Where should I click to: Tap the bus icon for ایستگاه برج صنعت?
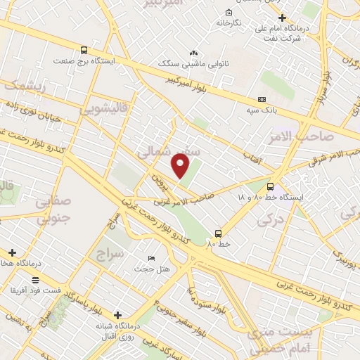(84, 50)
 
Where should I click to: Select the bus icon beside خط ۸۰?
(218, 233)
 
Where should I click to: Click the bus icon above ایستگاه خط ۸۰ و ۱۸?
(271, 186)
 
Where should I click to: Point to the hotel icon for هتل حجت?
(152, 259)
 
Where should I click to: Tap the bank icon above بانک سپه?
(262, 99)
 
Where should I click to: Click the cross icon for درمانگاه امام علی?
(282, 18)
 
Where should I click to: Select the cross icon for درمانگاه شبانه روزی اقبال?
(117, 315)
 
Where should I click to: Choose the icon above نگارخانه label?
(229, 13)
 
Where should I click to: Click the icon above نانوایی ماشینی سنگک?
(194, 53)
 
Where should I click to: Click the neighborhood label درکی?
(268, 221)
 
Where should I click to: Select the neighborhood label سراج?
(111, 252)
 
